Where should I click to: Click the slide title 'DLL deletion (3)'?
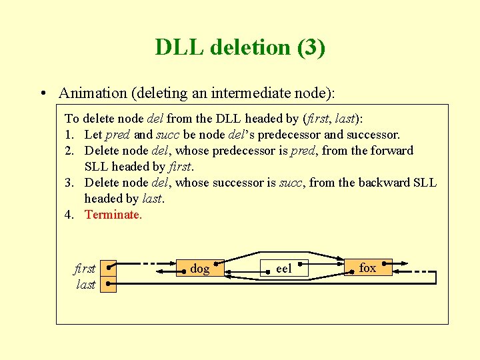(240, 47)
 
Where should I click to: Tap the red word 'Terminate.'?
(113, 215)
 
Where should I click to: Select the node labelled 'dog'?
(200, 269)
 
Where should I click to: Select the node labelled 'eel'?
(284, 269)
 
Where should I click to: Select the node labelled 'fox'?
(367, 267)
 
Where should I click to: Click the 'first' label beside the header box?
(85, 268)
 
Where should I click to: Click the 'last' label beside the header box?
(86, 285)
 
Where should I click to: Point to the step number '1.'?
(69, 135)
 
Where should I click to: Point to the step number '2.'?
(69, 151)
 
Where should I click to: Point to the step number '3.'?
(69, 183)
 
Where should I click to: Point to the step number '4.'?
(69, 215)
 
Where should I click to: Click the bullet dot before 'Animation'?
(42, 93)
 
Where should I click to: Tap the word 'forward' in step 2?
(392, 151)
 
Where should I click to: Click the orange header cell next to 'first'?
(109, 268)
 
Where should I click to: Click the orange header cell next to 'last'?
(109, 285)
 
